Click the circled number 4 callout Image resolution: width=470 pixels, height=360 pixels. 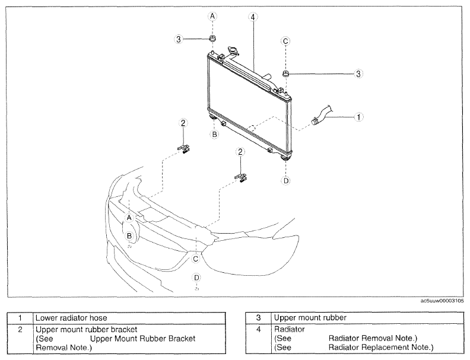253,17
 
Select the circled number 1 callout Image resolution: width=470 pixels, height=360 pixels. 359,117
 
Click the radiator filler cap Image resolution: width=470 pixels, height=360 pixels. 233,50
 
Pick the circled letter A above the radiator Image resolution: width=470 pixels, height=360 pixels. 212,16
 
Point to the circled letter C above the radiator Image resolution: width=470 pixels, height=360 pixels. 285,41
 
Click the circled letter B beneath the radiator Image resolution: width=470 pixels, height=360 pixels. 214,135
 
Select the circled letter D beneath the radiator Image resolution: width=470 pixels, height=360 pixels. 286,181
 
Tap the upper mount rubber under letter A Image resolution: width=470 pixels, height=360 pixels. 212,39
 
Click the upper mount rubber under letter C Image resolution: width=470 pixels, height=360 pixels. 285,74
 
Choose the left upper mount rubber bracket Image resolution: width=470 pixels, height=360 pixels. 183,148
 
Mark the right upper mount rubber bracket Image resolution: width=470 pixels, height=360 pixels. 241,177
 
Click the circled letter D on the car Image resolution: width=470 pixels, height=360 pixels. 196,278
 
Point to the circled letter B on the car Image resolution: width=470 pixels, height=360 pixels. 129,236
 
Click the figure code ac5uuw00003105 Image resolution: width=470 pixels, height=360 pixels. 442,301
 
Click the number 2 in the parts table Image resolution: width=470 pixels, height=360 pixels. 20,329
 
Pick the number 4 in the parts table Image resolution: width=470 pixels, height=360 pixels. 258,329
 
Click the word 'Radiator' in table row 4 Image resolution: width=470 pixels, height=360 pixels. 289,329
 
